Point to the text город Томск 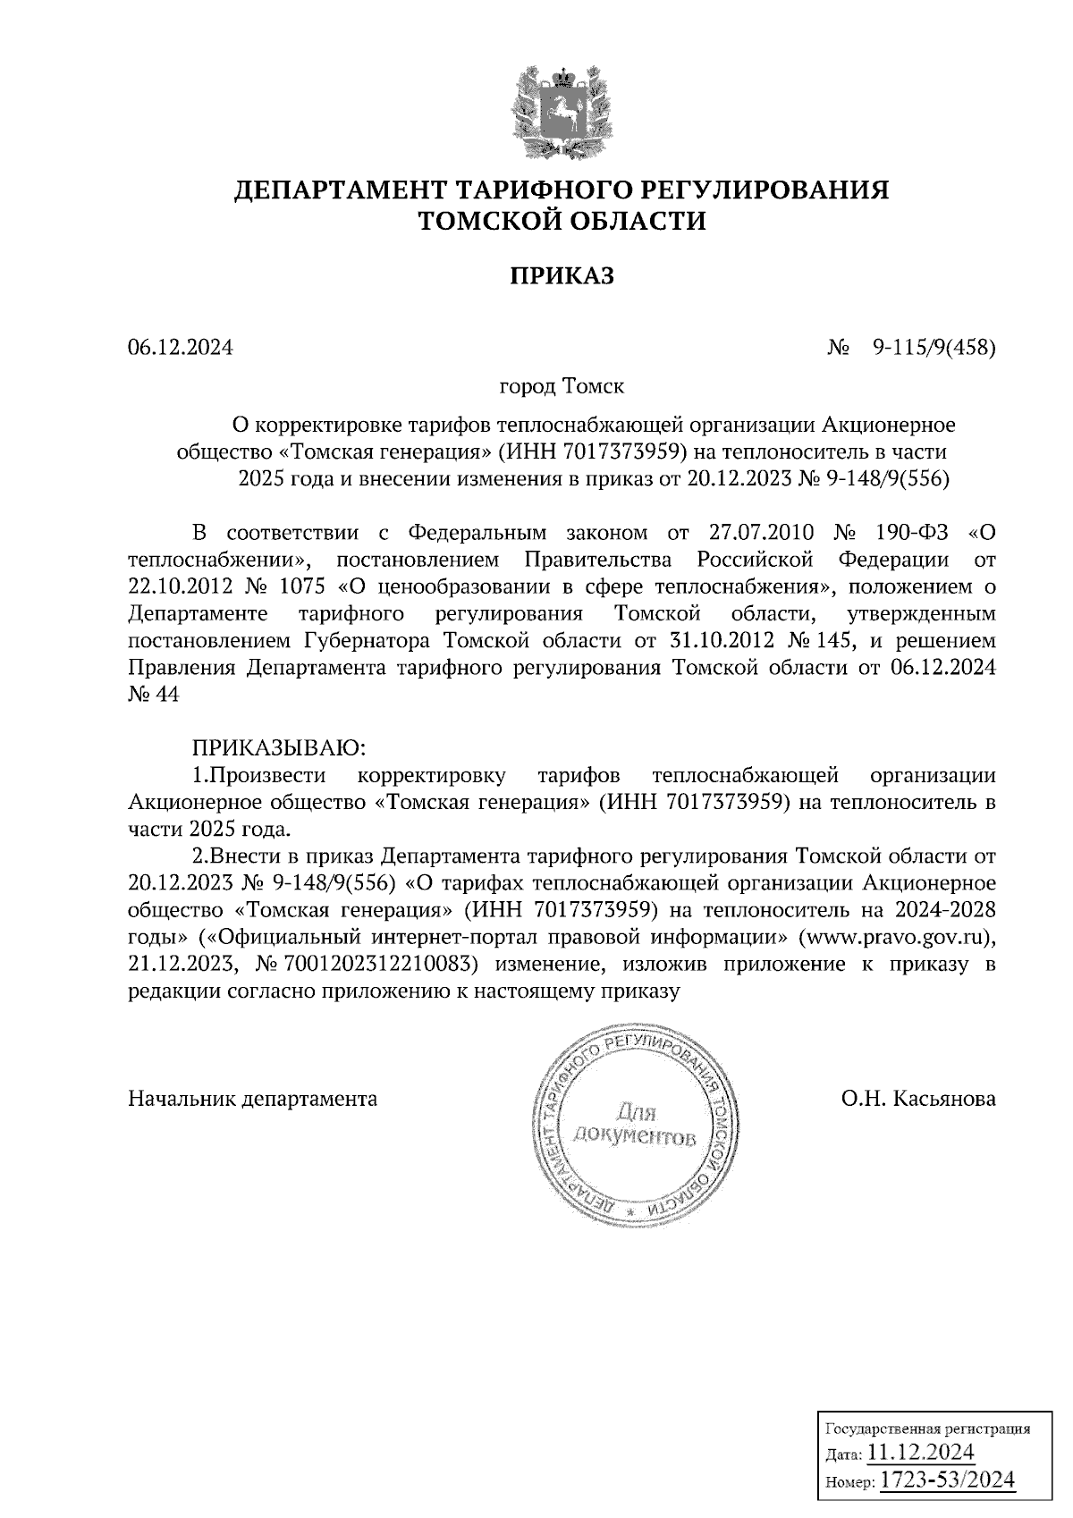(562, 388)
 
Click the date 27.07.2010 (761, 534)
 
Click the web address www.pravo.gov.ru (898, 938)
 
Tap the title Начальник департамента (253, 1100)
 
